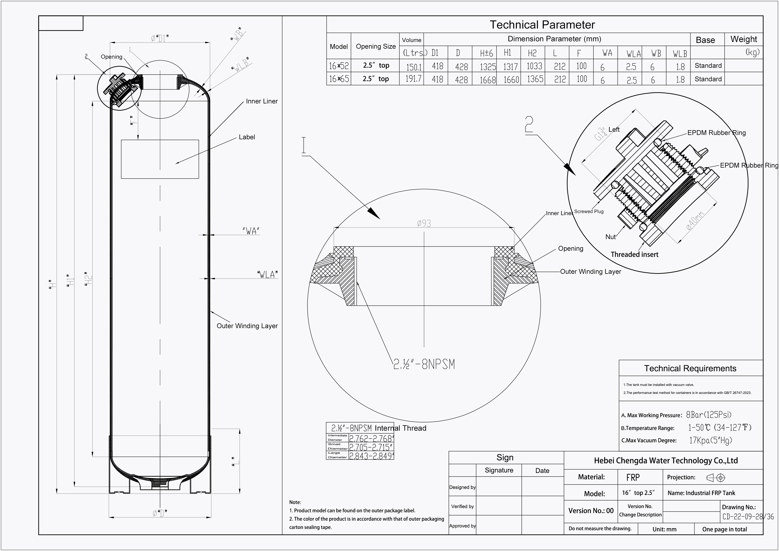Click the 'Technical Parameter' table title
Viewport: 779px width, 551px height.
click(542, 25)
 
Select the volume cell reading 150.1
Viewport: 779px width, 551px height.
click(413, 66)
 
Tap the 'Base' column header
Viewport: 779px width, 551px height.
click(705, 40)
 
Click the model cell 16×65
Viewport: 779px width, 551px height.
click(339, 79)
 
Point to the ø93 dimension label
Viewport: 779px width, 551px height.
click(424, 224)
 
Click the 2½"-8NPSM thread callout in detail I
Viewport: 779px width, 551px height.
click(424, 364)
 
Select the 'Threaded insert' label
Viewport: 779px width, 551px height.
click(634, 254)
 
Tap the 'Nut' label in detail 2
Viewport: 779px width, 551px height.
click(610, 237)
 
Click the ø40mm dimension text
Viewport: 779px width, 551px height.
click(695, 221)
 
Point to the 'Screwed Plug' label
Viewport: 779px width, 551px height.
click(589, 211)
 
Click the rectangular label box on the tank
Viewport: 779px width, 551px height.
click(160, 159)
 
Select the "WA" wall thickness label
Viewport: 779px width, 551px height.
click(251, 231)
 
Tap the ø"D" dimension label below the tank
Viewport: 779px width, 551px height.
click(160, 513)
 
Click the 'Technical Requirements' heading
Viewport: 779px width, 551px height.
click(690, 369)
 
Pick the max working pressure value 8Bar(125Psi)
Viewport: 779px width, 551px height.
click(709, 415)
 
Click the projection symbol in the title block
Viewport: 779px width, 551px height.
click(715, 478)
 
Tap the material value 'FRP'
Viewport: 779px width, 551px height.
click(633, 478)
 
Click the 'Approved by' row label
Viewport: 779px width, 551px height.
click(462, 526)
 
